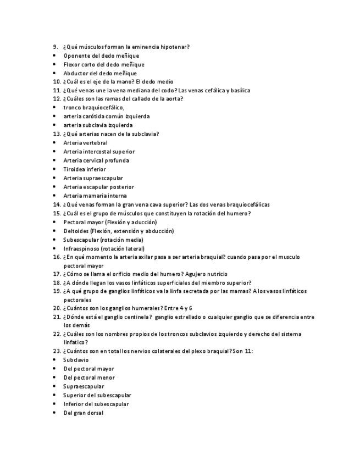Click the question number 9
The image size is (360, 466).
55,47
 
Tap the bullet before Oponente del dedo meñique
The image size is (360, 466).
54,56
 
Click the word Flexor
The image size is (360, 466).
72,65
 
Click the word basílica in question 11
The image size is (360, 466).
240,91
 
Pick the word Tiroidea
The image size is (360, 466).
74,169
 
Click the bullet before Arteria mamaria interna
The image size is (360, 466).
54,196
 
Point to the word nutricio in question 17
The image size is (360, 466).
217,274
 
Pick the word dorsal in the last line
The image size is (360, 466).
93,413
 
